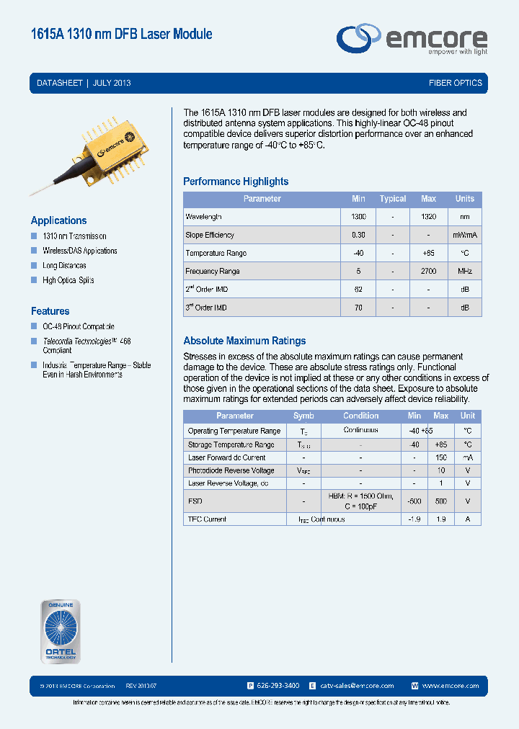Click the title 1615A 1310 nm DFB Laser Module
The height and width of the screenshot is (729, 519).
tap(121, 34)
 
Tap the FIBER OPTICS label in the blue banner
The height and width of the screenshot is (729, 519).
tap(455, 83)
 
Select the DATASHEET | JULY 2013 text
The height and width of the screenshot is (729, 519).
tap(84, 83)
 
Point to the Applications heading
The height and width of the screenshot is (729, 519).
tap(58, 220)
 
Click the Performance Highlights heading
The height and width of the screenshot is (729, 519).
tap(236, 182)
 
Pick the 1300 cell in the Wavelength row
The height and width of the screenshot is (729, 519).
tap(358, 217)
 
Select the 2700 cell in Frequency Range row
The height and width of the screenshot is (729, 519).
tap(428, 272)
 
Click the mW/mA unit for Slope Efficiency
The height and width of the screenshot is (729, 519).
tap(464, 236)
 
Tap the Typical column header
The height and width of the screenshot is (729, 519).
tap(393, 199)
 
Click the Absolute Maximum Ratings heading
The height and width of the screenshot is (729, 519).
tap(244, 341)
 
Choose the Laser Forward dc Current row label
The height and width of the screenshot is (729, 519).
tap(226, 458)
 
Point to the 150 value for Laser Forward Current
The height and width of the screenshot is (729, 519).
tap(441, 458)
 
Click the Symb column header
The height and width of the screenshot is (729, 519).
tap(303, 416)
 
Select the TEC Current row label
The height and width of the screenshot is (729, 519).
tap(207, 519)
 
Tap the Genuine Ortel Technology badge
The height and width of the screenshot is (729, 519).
tap(60, 632)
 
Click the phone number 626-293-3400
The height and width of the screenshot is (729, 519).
tap(278, 686)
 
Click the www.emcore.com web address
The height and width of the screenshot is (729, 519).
tap(450, 686)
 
